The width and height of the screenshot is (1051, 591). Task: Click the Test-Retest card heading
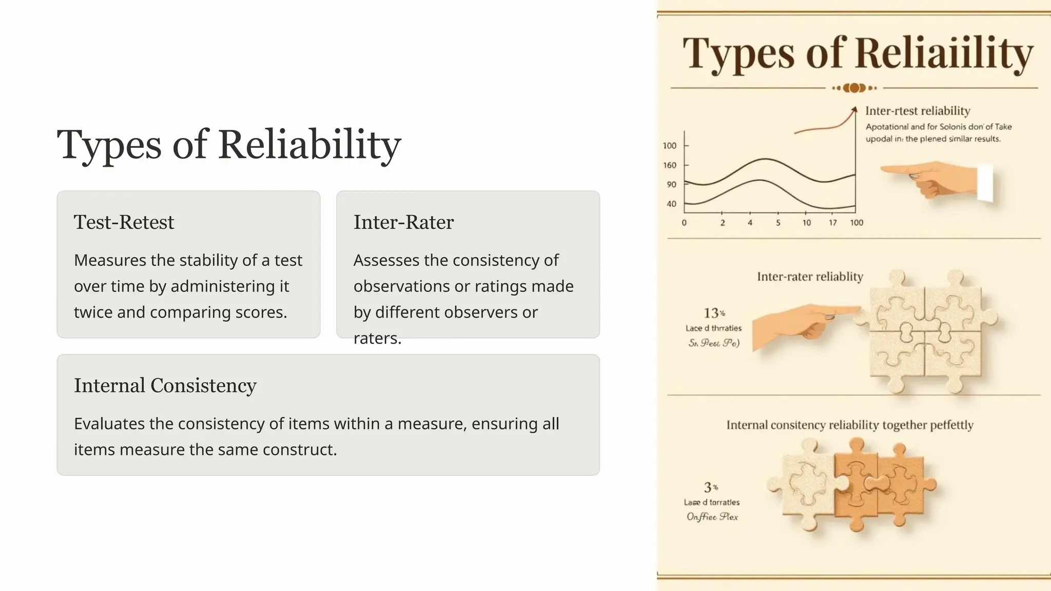[124, 222]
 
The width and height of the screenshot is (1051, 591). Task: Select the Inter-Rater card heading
[403, 222]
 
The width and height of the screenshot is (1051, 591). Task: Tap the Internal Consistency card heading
[165, 385]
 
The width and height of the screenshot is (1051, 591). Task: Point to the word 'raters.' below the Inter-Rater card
[377, 338]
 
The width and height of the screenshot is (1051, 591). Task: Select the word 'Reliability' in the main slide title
[309, 145]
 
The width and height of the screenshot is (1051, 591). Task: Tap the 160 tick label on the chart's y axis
[669, 165]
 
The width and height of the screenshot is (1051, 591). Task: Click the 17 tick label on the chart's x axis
[832, 223]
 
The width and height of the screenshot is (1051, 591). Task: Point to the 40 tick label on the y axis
[671, 204]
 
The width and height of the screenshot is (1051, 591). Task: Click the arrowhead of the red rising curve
[854, 109]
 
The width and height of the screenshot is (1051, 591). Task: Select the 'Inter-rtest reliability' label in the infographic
[918, 111]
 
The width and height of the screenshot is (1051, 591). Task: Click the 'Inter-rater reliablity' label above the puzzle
[810, 277]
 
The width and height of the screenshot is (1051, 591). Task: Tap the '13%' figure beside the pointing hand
[714, 313]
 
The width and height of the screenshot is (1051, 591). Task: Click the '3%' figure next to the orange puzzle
[710, 487]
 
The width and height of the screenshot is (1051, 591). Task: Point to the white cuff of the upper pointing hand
[985, 183]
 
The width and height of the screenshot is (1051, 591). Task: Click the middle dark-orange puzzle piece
[854, 485]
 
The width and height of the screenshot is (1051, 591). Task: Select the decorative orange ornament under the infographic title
[854, 88]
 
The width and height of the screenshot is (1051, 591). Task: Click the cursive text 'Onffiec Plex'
[712, 517]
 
